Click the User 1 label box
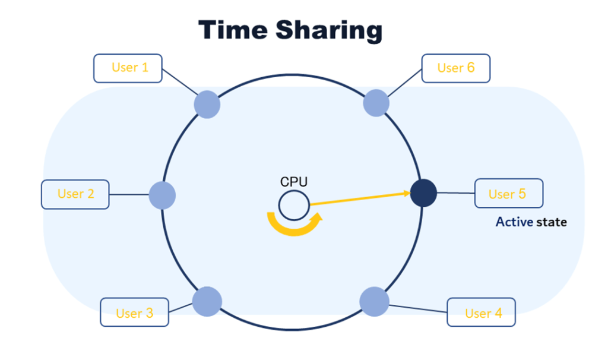click(x=129, y=68)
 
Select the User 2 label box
click(x=75, y=194)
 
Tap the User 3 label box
click(x=134, y=312)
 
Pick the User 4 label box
click(x=482, y=312)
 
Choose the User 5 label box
click(x=508, y=193)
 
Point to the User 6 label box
click(x=455, y=68)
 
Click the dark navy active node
click(x=424, y=193)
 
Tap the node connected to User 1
click(x=207, y=105)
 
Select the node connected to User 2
click(x=161, y=195)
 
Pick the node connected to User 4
click(x=374, y=301)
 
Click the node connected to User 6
click(x=376, y=103)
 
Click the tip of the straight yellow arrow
click(x=409, y=192)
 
